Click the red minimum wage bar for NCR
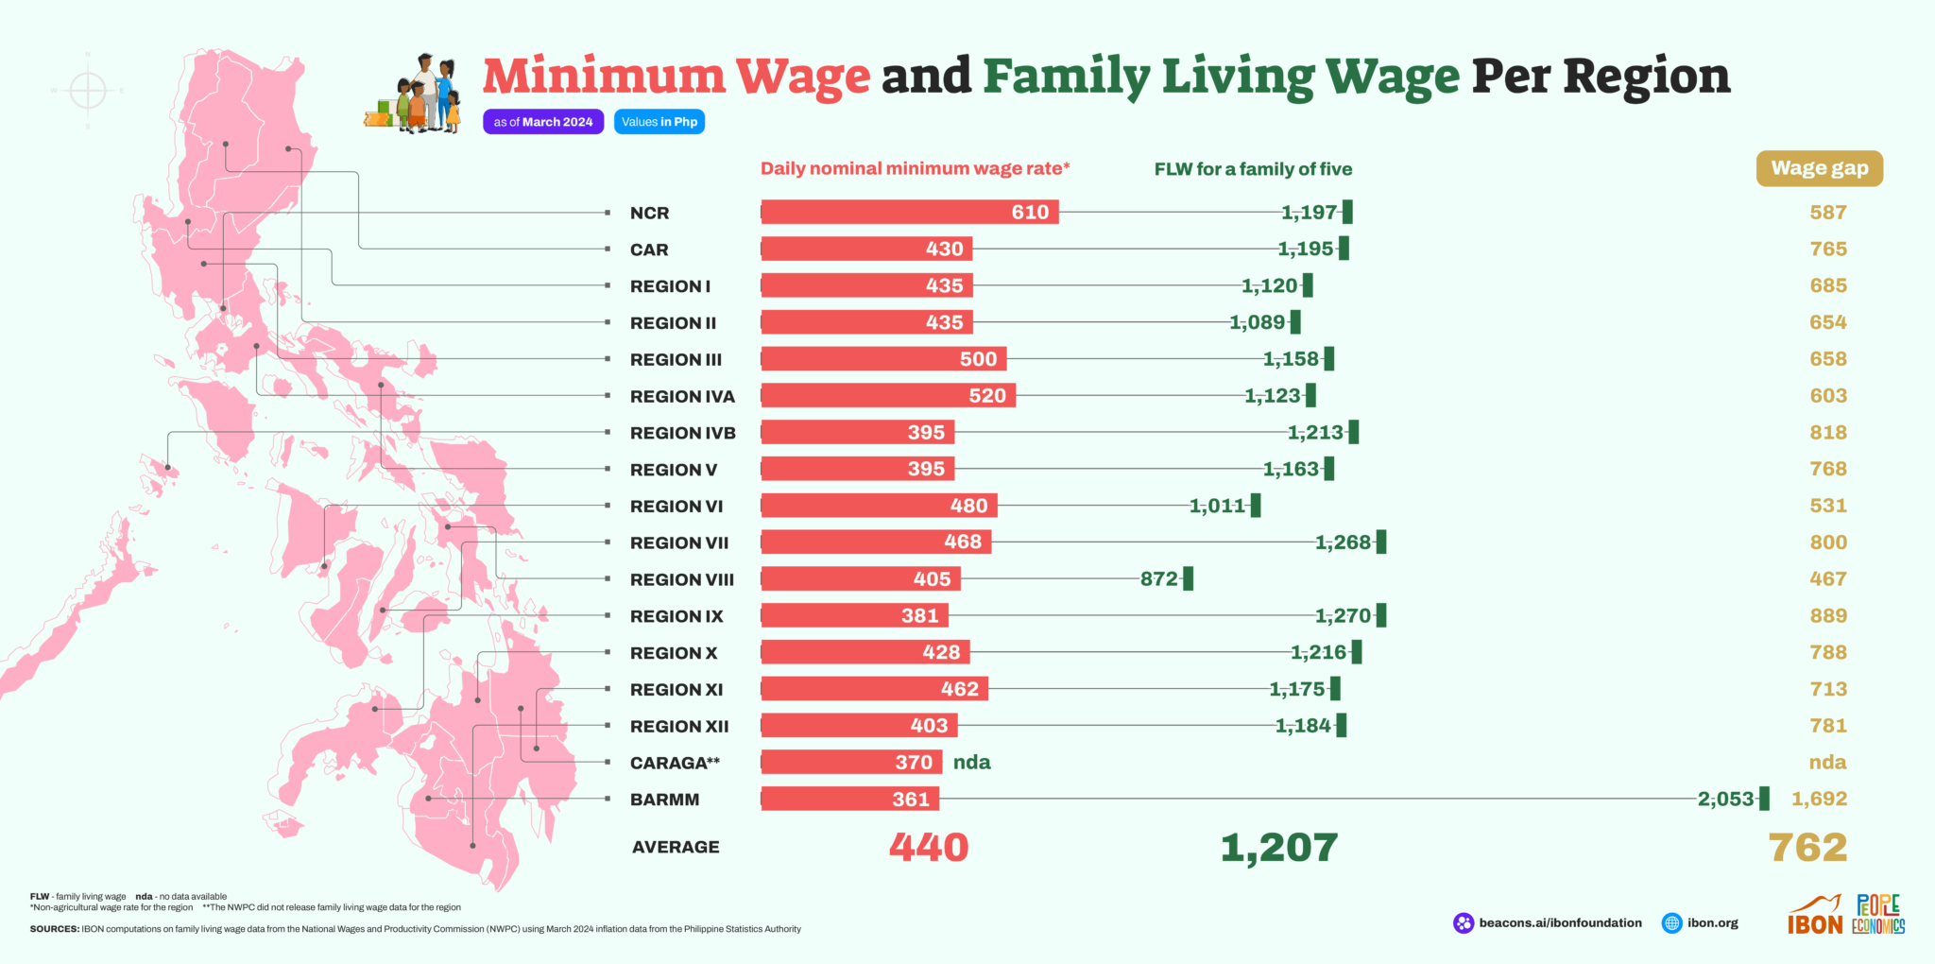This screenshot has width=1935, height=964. (x=909, y=213)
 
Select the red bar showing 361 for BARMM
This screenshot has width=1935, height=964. (x=849, y=800)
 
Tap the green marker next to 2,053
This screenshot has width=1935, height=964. (x=1764, y=799)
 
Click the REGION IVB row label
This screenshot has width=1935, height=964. (x=682, y=433)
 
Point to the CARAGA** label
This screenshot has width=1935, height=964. (x=675, y=763)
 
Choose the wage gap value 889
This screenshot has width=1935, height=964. (x=1828, y=616)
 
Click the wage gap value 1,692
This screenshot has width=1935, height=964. (x=1819, y=800)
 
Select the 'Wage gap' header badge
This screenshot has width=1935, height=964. (x=1819, y=168)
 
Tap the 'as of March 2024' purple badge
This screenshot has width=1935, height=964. (x=543, y=122)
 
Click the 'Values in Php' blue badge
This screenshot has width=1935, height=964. (x=659, y=122)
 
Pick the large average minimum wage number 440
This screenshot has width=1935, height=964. (x=929, y=848)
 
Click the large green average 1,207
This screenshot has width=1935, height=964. (x=1279, y=848)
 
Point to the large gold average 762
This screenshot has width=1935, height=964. (x=1807, y=848)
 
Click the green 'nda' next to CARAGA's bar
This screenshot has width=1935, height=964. (x=971, y=763)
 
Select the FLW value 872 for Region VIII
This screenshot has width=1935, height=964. (x=1159, y=579)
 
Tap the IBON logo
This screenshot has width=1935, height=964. (x=1815, y=916)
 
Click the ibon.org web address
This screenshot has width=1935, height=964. (x=1712, y=923)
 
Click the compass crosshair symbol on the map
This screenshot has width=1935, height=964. (x=88, y=91)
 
